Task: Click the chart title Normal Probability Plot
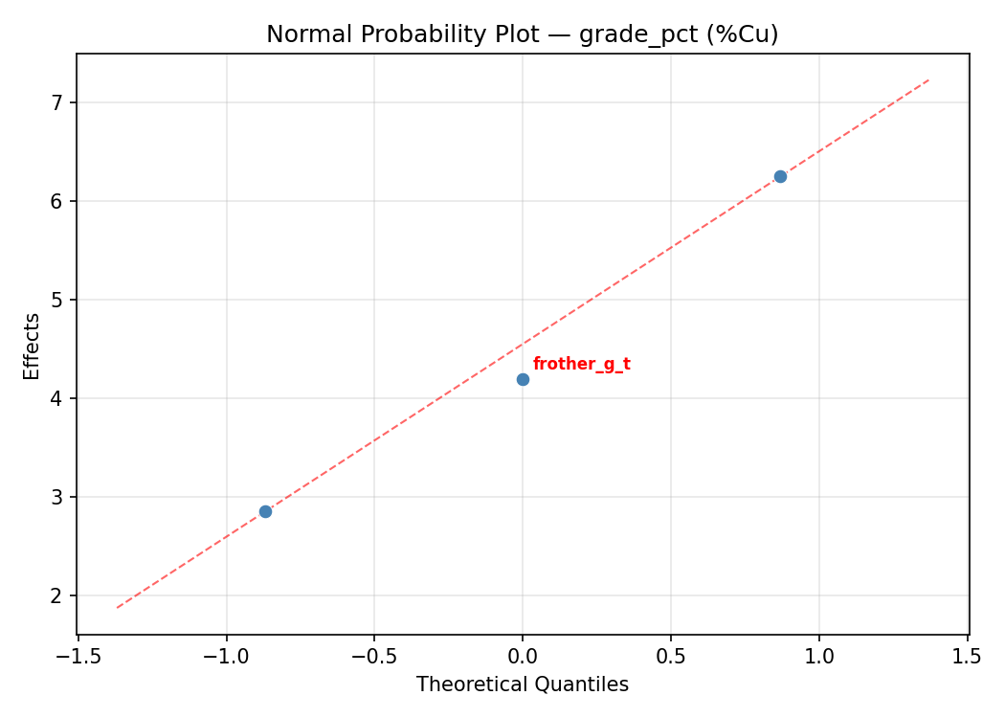click(522, 34)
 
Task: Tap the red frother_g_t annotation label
click(581, 365)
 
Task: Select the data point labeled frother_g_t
click(523, 379)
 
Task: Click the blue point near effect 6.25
click(780, 176)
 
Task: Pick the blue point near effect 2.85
click(265, 511)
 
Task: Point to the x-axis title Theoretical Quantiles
click(522, 684)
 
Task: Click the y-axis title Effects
click(33, 346)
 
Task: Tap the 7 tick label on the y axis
click(58, 102)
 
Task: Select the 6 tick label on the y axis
click(58, 201)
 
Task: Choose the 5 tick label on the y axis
click(58, 300)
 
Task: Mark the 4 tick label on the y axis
click(58, 398)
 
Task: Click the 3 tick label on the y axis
click(58, 497)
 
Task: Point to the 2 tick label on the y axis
click(58, 595)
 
